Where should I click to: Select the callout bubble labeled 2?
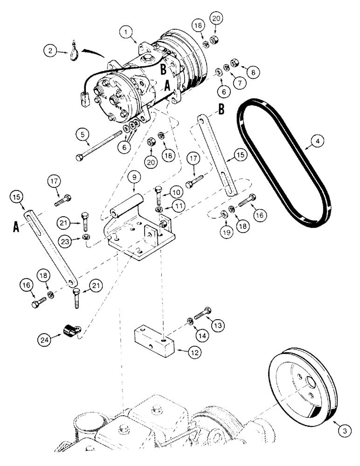point(51,50)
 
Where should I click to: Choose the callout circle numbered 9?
point(133,178)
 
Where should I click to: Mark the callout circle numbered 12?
point(196,353)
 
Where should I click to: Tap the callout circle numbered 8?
point(253,72)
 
